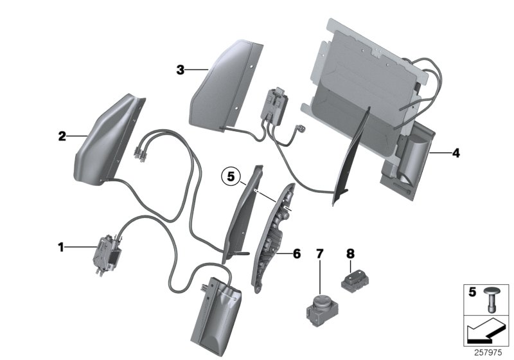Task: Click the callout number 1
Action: pyautogui.click(x=61, y=246)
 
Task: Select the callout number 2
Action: pyautogui.click(x=62, y=136)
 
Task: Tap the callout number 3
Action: pyautogui.click(x=181, y=69)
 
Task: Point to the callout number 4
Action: pyautogui.click(x=456, y=154)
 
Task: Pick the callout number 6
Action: pyautogui.click(x=296, y=254)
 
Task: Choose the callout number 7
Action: pyautogui.click(x=319, y=254)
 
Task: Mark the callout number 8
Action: pyautogui.click(x=350, y=254)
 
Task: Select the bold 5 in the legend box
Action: pyautogui.click(x=472, y=292)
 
